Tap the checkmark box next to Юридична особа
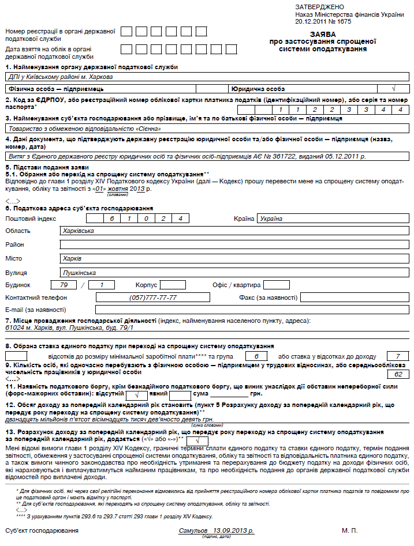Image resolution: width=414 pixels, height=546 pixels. coord(393,89)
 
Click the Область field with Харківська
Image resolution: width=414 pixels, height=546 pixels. coord(234,231)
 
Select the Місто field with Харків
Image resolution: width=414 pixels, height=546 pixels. coord(234,258)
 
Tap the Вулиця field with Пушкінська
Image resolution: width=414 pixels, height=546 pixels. coord(234,272)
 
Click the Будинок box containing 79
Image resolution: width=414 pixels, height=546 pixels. coord(64,285)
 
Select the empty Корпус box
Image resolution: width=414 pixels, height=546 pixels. coord(173,285)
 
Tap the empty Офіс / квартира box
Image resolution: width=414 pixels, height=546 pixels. coord(276,285)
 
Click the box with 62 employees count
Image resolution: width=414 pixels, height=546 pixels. coord(398,374)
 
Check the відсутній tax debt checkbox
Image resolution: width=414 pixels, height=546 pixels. coord(137,395)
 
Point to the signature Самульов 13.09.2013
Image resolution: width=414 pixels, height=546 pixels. coord(217,529)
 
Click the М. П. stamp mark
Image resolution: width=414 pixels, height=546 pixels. coord(349,529)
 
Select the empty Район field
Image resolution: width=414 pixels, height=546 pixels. coord(234,244)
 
